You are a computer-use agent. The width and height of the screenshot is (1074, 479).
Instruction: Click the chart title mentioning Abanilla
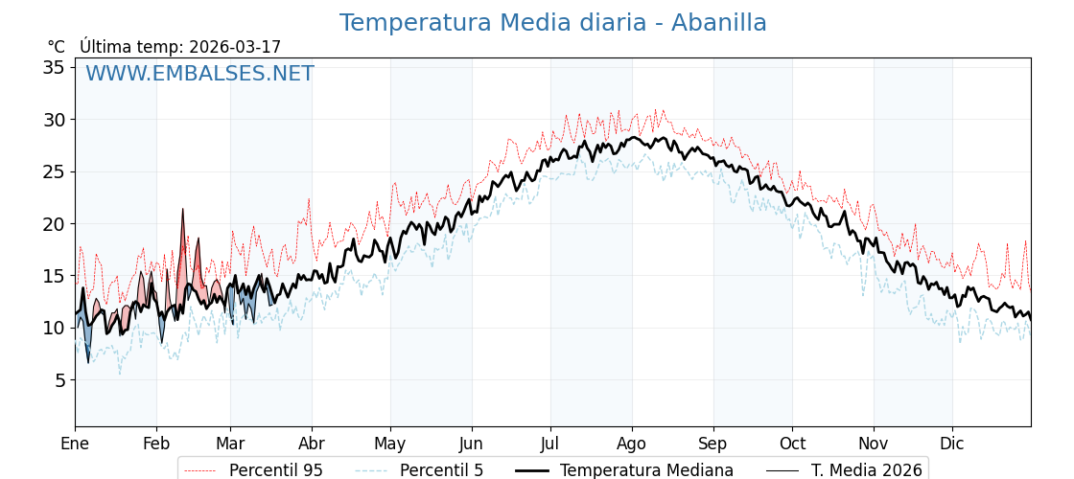(x=552, y=23)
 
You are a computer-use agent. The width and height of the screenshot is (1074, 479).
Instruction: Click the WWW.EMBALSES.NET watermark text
(x=199, y=74)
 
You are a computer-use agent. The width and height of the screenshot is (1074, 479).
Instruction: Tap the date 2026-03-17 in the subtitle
(x=235, y=47)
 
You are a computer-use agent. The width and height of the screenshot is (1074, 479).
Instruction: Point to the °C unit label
(x=56, y=47)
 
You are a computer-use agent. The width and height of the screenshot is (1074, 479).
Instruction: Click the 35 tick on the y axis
(x=54, y=67)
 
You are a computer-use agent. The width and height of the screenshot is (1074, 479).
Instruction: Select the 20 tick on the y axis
(x=54, y=223)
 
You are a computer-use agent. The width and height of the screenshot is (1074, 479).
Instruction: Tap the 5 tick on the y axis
(x=58, y=379)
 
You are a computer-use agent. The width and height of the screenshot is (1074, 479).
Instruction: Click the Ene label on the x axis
(x=75, y=444)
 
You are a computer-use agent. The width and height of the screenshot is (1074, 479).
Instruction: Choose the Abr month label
(x=312, y=444)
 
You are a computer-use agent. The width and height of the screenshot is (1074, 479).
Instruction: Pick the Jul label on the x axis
(x=550, y=444)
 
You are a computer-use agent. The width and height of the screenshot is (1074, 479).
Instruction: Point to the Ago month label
(x=631, y=444)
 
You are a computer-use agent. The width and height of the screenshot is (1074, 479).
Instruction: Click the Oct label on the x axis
(x=792, y=444)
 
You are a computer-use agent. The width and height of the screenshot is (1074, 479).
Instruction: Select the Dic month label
(x=952, y=444)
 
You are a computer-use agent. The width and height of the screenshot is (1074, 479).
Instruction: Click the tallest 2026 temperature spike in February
(x=183, y=209)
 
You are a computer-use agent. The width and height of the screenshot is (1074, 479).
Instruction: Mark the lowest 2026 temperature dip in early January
(x=88, y=362)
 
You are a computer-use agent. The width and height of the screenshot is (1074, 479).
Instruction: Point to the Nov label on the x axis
(x=873, y=444)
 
